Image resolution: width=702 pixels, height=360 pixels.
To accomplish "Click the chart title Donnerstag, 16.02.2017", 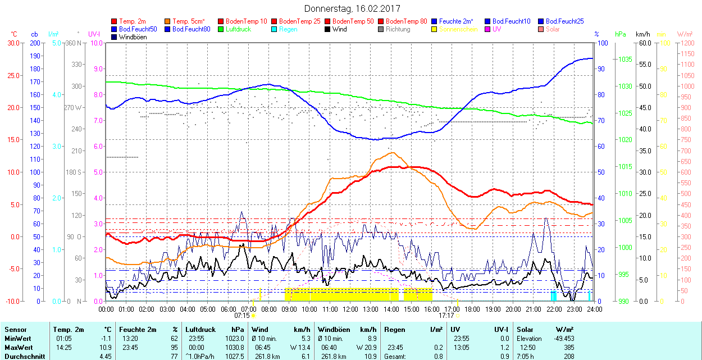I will tap(350, 9).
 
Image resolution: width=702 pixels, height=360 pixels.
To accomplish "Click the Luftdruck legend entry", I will tap(238, 29).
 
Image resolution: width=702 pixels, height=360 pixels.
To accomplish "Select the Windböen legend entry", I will tap(133, 37).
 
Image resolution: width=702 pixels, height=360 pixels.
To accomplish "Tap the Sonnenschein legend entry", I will tap(458, 29).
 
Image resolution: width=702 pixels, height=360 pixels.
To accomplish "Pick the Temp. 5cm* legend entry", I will tap(188, 21).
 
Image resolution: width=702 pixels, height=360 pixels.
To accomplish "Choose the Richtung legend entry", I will tap(398, 29).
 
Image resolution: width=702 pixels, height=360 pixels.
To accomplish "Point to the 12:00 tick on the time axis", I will tap(350, 309).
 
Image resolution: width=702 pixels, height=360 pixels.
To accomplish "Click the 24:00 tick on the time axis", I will tap(594, 309).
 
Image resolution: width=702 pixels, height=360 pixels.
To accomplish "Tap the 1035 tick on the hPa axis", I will tap(624, 60).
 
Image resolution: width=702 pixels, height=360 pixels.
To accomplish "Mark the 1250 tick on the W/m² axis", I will tap(687, 43).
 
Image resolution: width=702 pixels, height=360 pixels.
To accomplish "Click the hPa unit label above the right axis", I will tap(620, 34).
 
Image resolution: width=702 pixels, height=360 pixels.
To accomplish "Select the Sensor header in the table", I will tap(15, 330).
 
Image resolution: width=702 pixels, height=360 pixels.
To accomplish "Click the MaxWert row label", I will tap(19, 347).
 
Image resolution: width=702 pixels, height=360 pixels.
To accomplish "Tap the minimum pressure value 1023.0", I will tap(234, 339).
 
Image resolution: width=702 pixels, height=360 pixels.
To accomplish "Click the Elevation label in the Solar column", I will tap(529, 339).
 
